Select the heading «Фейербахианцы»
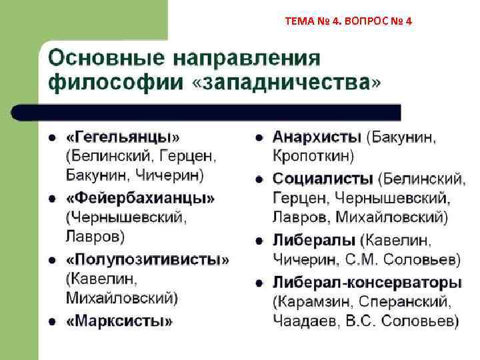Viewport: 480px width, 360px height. click(140, 198)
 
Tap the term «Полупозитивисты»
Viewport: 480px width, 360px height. click(147, 259)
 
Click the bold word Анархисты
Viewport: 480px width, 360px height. click(317, 137)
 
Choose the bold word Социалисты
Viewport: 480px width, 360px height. click(323, 179)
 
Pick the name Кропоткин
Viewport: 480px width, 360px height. click(313, 157)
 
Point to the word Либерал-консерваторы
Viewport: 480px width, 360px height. click(367, 281)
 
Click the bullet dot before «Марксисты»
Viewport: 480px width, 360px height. click(51, 321)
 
